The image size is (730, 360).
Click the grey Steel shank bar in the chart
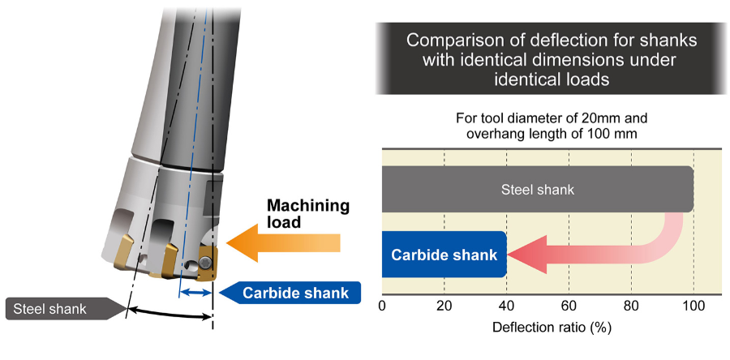pyautogui.click(x=537, y=190)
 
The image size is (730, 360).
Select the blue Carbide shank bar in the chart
pyautogui.click(x=444, y=255)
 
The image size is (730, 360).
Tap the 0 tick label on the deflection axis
pyautogui.click(x=382, y=306)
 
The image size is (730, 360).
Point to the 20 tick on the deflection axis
pyautogui.click(x=444, y=306)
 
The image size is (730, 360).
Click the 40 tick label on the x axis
pyautogui.click(x=506, y=306)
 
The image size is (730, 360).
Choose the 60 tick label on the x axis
pyautogui.click(x=569, y=306)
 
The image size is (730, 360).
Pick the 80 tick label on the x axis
pyautogui.click(x=631, y=306)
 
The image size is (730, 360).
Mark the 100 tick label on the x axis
pyautogui.click(x=693, y=306)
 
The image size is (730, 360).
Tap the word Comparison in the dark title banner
pyautogui.click(x=445, y=40)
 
